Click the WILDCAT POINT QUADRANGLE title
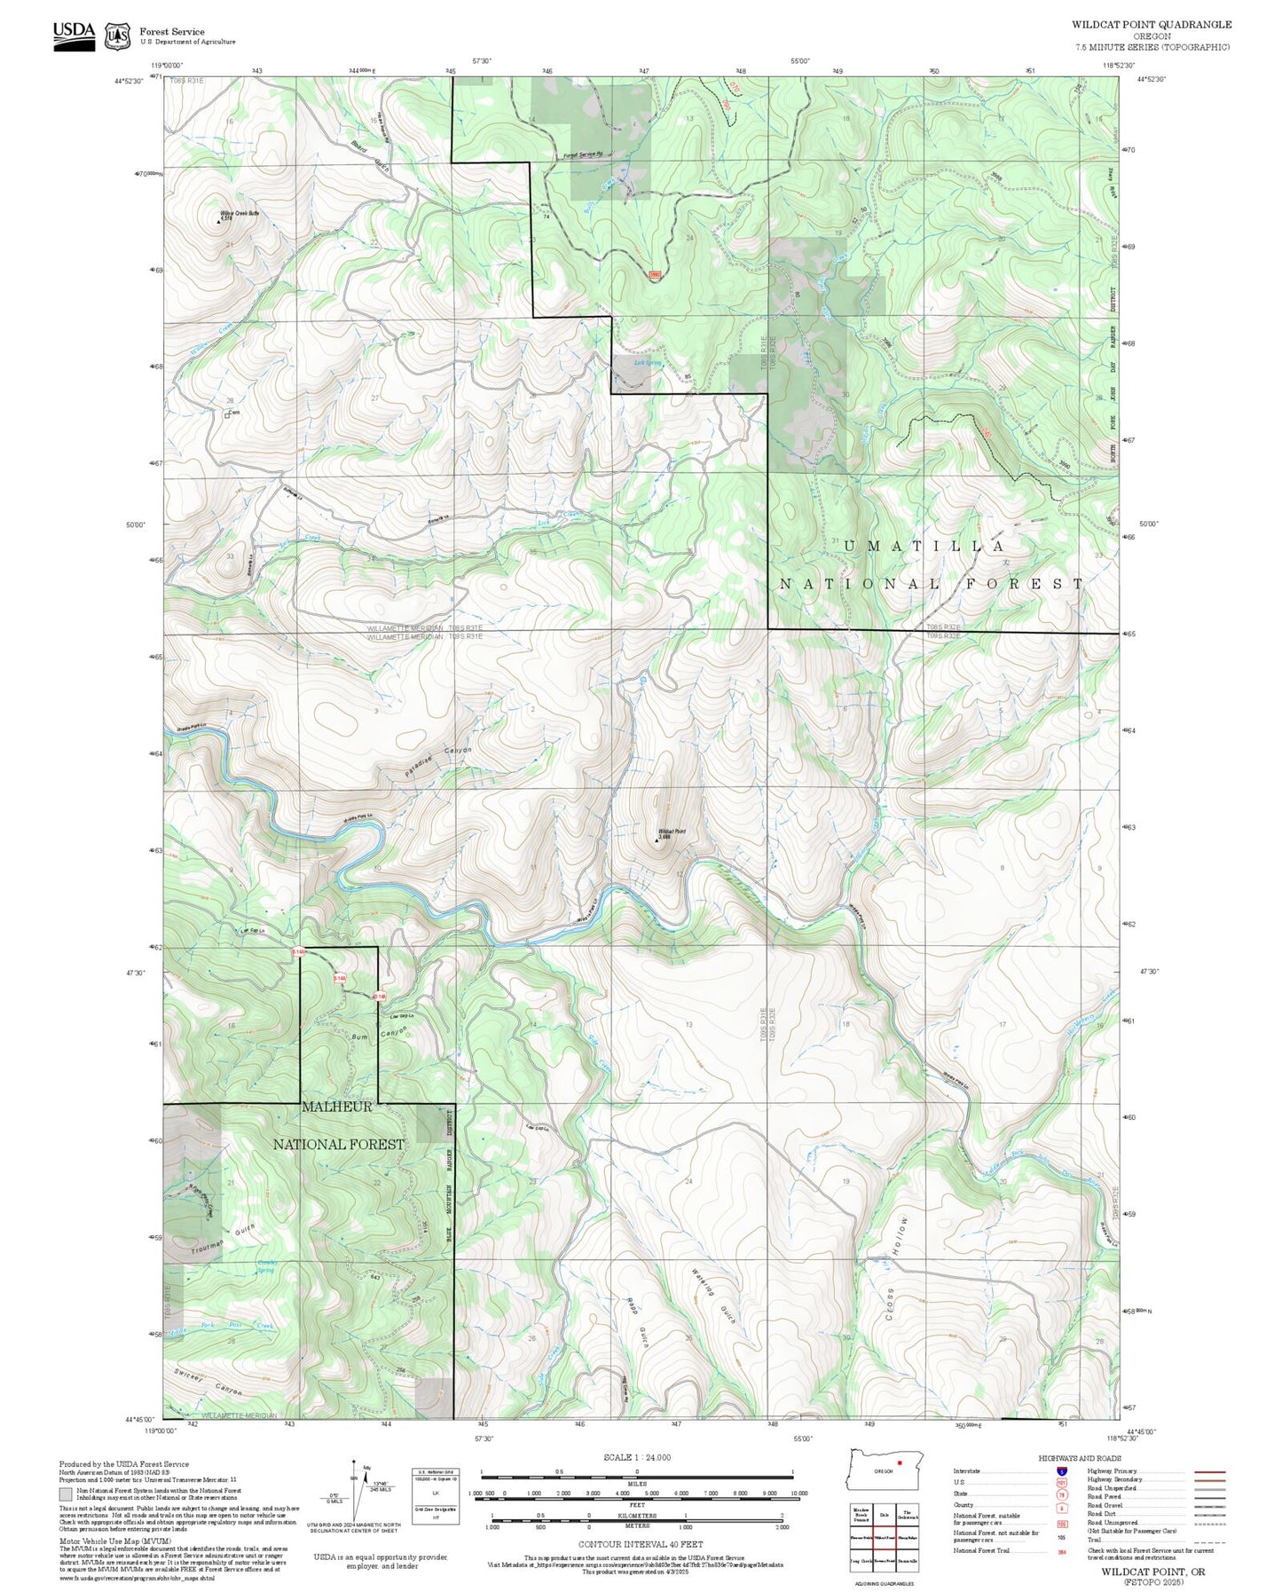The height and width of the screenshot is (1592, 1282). pyautogui.click(x=1151, y=25)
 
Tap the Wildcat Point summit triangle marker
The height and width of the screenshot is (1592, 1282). pyautogui.click(x=657, y=839)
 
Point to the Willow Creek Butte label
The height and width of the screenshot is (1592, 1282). pyautogui.click(x=240, y=214)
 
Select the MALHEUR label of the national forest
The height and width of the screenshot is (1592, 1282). pyautogui.click(x=337, y=1107)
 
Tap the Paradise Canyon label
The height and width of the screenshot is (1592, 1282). pyautogui.click(x=439, y=761)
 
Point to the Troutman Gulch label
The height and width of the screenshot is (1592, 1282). pyautogui.click(x=224, y=1241)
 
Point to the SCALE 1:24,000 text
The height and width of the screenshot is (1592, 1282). pyautogui.click(x=637, y=1457)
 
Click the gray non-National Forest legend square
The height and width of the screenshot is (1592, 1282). pyautogui.click(x=66, y=1494)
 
